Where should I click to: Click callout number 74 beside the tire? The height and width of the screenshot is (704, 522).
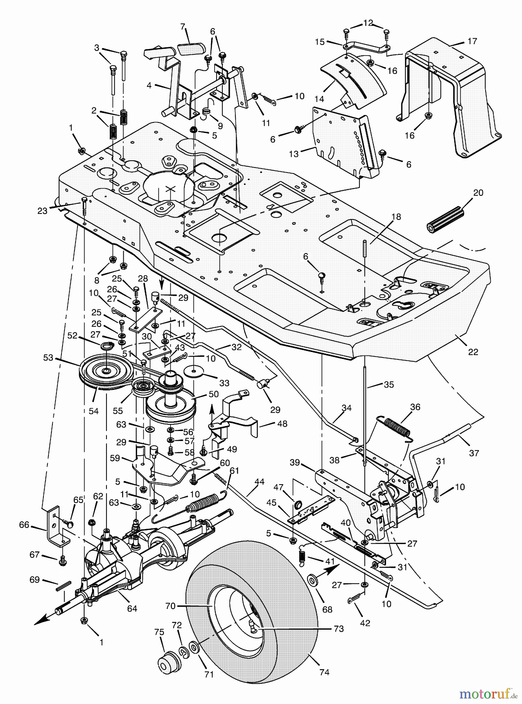[324, 672]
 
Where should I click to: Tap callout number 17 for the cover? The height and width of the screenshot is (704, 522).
[472, 41]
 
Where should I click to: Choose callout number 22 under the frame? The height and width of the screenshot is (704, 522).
[473, 352]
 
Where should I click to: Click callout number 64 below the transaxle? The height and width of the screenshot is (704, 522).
[132, 609]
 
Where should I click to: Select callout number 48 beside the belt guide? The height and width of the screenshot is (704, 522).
[282, 424]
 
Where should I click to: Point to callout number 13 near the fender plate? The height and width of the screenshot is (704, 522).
[294, 154]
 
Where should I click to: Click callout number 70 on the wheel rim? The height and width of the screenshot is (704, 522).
[170, 606]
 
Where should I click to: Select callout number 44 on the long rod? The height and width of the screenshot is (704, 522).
[259, 482]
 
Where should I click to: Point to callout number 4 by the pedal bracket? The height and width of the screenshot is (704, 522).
[149, 85]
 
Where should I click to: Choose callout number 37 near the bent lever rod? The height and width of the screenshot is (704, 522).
[474, 453]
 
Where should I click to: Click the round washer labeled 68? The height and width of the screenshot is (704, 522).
[313, 580]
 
